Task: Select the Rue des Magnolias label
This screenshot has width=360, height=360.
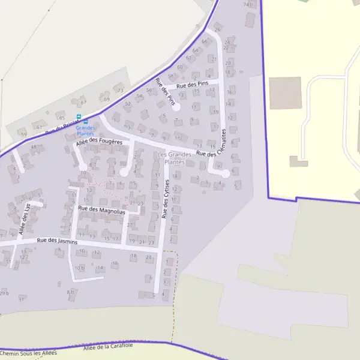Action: point(101,209)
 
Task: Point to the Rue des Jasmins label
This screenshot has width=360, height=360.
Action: point(57,241)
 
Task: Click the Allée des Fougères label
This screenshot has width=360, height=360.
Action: point(98,143)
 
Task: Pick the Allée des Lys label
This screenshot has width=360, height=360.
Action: point(24,220)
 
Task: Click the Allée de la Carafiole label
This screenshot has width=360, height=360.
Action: point(108,347)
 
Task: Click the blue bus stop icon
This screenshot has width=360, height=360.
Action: point(78,118)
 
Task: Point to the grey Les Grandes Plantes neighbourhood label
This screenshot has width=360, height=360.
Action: point(174,158)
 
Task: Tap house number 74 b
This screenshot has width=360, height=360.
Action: point(248,5)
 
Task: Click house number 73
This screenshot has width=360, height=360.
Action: point(120,91)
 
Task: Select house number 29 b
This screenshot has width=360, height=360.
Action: point(4,293)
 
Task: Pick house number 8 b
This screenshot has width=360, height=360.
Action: point(71,292)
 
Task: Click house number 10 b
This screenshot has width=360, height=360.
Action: point(79,268)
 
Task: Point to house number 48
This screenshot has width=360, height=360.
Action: point(33,146)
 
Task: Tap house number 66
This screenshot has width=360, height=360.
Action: point(204,41)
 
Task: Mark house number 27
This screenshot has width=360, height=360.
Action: point(129,225)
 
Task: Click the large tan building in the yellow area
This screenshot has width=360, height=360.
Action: point(285,93)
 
